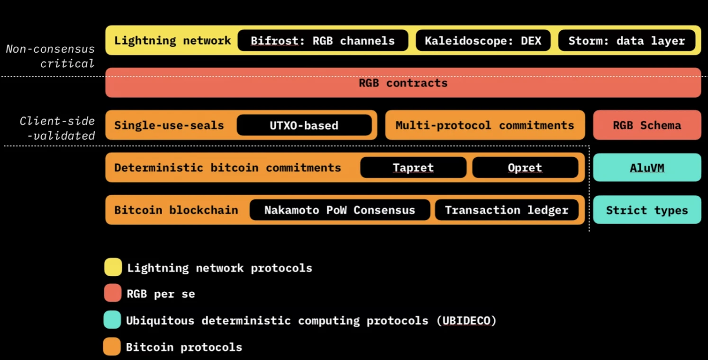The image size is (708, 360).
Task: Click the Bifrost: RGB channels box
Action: [x=323, y=41]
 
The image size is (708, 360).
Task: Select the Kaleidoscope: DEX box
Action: [x=483, y=41]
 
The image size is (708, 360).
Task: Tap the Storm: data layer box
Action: [x=626, y=41]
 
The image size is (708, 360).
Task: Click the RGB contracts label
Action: [x=403, y=83]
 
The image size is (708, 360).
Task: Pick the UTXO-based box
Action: [x=304, y=126]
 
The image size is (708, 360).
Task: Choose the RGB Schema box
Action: [x=647, y=126]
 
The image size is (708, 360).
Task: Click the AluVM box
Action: [x=647, y=168]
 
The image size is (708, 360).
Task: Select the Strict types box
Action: [x=647, y=210]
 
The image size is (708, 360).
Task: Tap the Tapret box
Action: [x=413, y=168]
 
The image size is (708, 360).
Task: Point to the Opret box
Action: [x=525, y=168]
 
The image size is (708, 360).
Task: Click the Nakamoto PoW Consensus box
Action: [x=340, y=210]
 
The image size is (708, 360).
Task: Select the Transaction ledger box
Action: [x=507, y=210]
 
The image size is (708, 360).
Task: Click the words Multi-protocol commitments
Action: [x=485, y=126]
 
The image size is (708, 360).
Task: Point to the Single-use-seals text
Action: [x=169, y=126]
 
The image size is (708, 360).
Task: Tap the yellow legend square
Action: [x=113, y=267]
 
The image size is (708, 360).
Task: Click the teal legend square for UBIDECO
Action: [x=112, y=320]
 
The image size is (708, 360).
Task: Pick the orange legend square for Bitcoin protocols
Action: [x=112, y=347]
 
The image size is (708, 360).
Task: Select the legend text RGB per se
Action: [x=161, y=294]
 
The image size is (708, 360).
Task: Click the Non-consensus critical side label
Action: [x=51, y=56]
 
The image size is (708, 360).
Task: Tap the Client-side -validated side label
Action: [x=58, y=128]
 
